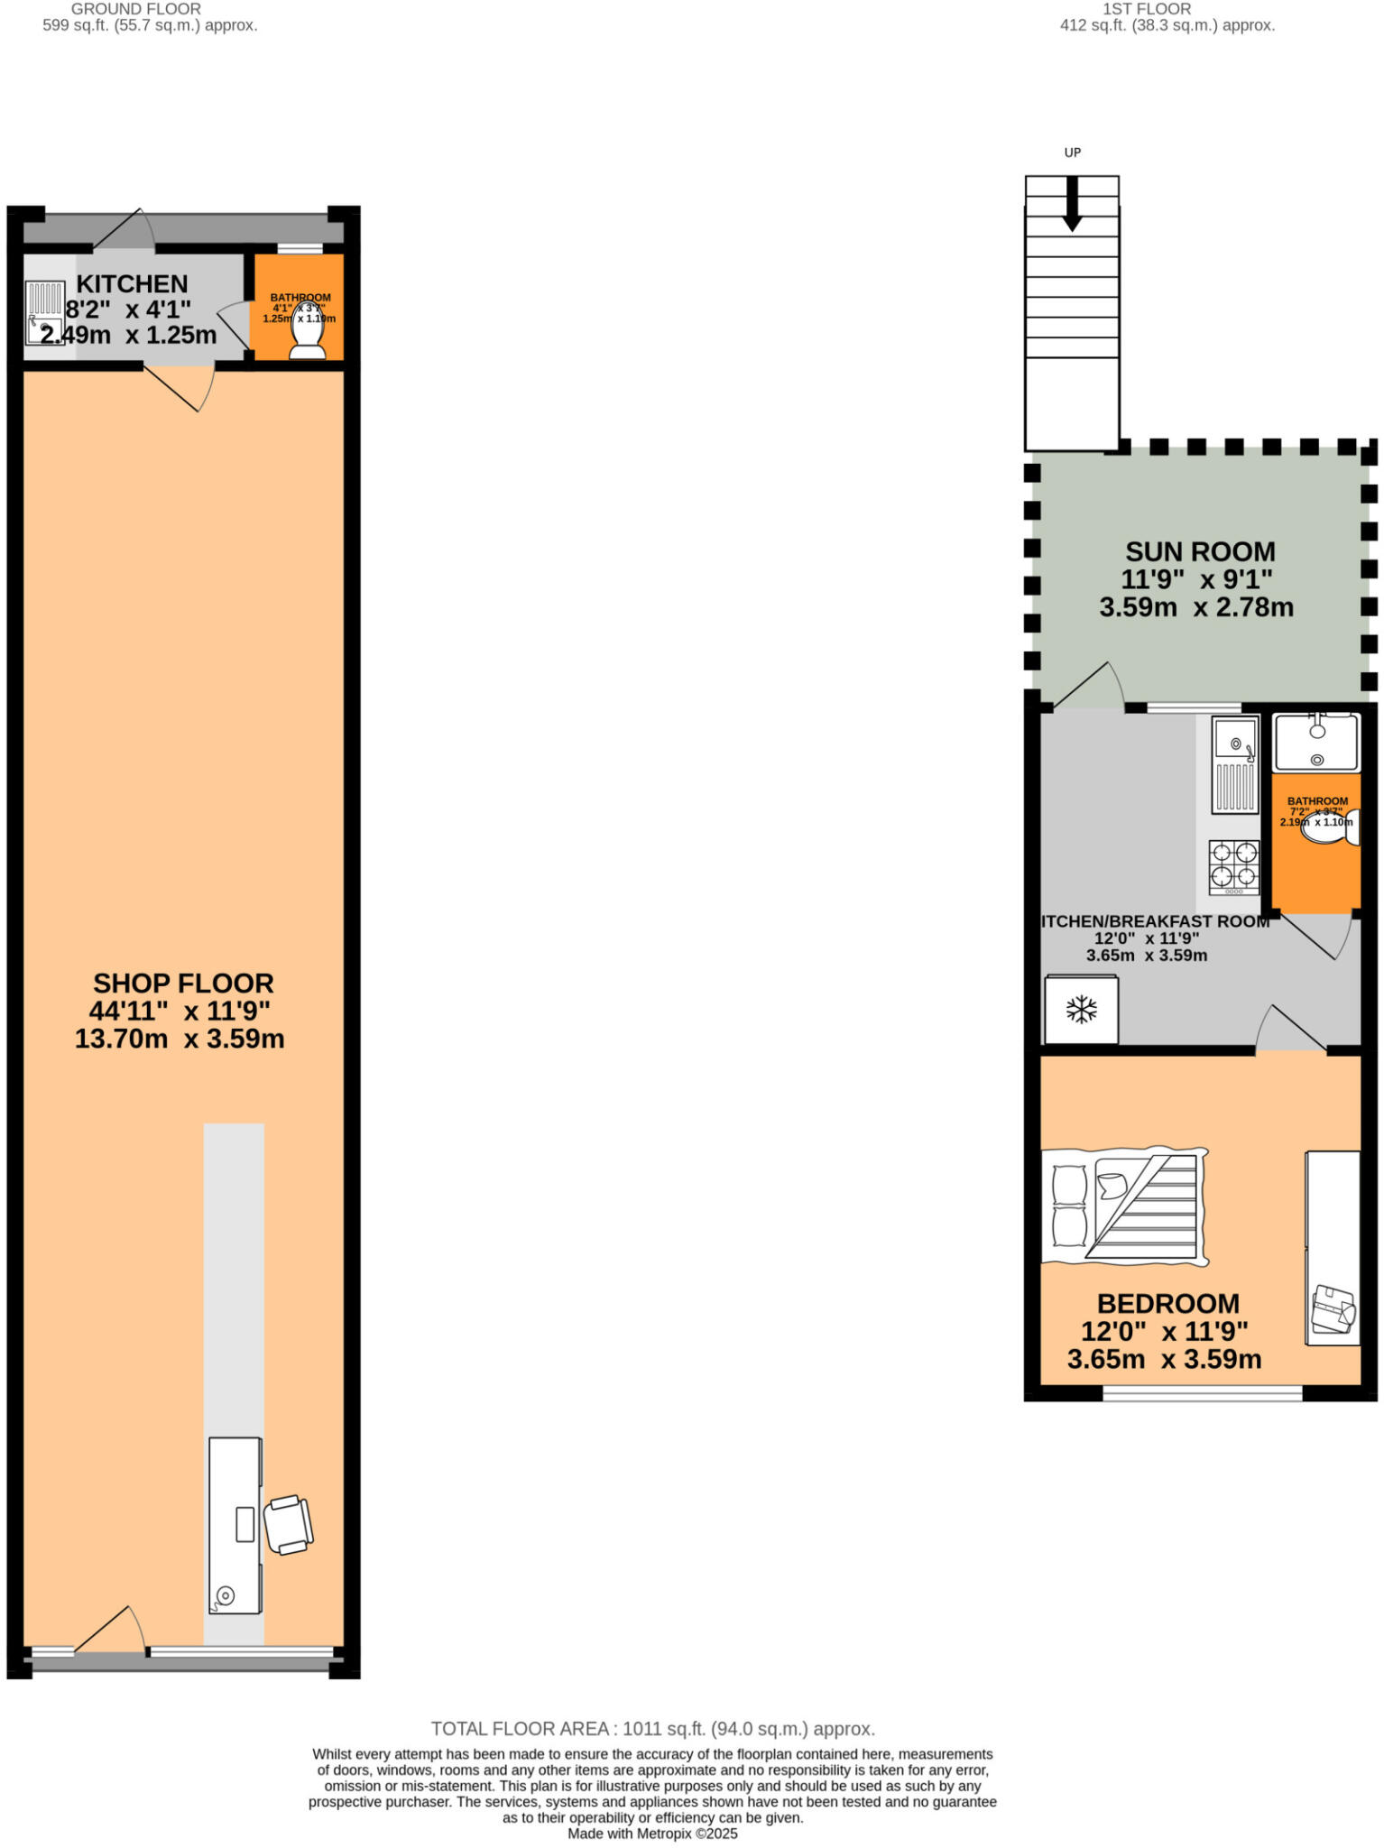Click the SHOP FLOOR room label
point(183,983)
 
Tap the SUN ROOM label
point(1199,551)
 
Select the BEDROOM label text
point(1167,1303)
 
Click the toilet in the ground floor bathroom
point(307,335)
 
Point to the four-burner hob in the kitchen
point(1233,865)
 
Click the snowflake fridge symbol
point(1081,1010)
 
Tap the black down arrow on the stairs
point(1072,204)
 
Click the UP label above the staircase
point(1072,152)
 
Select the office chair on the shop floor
point(288,1524)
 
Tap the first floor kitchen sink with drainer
point(1234,763)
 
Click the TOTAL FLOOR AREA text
point(652,1729)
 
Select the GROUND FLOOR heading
point(135,9)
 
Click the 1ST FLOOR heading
point(1147,9)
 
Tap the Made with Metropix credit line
point(652,1834)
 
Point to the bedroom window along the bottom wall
point(1202,1393)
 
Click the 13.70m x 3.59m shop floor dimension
point(180,1039)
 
